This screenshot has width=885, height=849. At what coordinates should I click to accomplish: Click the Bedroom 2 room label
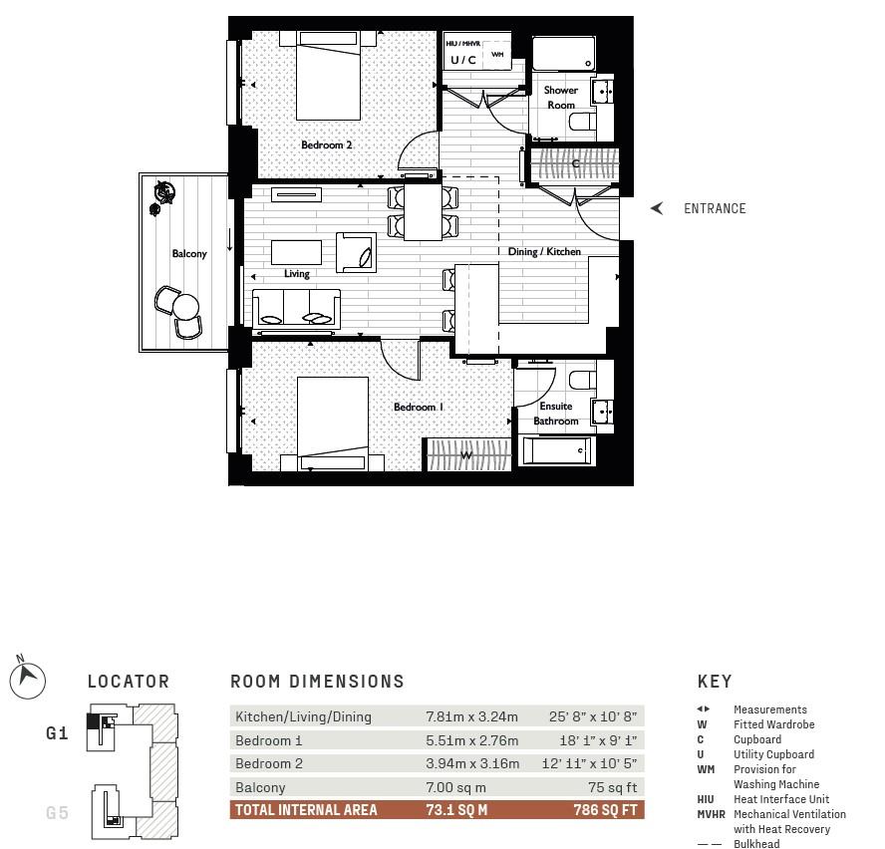[326, 145]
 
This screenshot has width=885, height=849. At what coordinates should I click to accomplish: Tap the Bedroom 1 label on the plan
[419, 407]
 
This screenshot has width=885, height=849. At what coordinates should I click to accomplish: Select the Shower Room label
[560, 98]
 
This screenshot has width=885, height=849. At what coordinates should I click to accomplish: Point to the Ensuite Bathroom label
[556, 414]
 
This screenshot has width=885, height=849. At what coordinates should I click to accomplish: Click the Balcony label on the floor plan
[189, 254]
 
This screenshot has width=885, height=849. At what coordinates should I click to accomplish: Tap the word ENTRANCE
[715, 209]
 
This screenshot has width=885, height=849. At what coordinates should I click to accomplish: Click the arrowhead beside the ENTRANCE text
[657, 208]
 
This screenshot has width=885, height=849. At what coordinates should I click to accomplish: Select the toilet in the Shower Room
[582, 122]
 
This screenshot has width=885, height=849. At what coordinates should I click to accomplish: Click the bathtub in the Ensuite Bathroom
[557, 451]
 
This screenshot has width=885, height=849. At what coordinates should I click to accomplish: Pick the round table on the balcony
[186, 307]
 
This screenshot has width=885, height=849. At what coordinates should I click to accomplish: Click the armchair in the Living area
[356, 253]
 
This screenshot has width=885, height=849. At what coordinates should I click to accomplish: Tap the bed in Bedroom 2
[329, 76]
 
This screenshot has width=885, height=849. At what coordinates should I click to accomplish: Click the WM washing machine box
[497, 54]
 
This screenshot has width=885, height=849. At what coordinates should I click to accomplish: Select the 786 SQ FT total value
[605, 810]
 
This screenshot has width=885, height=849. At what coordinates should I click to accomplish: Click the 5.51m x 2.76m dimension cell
[471, 740]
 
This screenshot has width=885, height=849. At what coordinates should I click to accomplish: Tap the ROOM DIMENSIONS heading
[317, 682]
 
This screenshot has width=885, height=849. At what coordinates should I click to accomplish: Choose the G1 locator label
[57, 733]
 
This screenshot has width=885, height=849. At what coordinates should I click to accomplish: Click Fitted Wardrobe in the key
[773, 724]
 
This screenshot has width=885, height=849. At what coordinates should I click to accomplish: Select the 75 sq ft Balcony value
[612, 787]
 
